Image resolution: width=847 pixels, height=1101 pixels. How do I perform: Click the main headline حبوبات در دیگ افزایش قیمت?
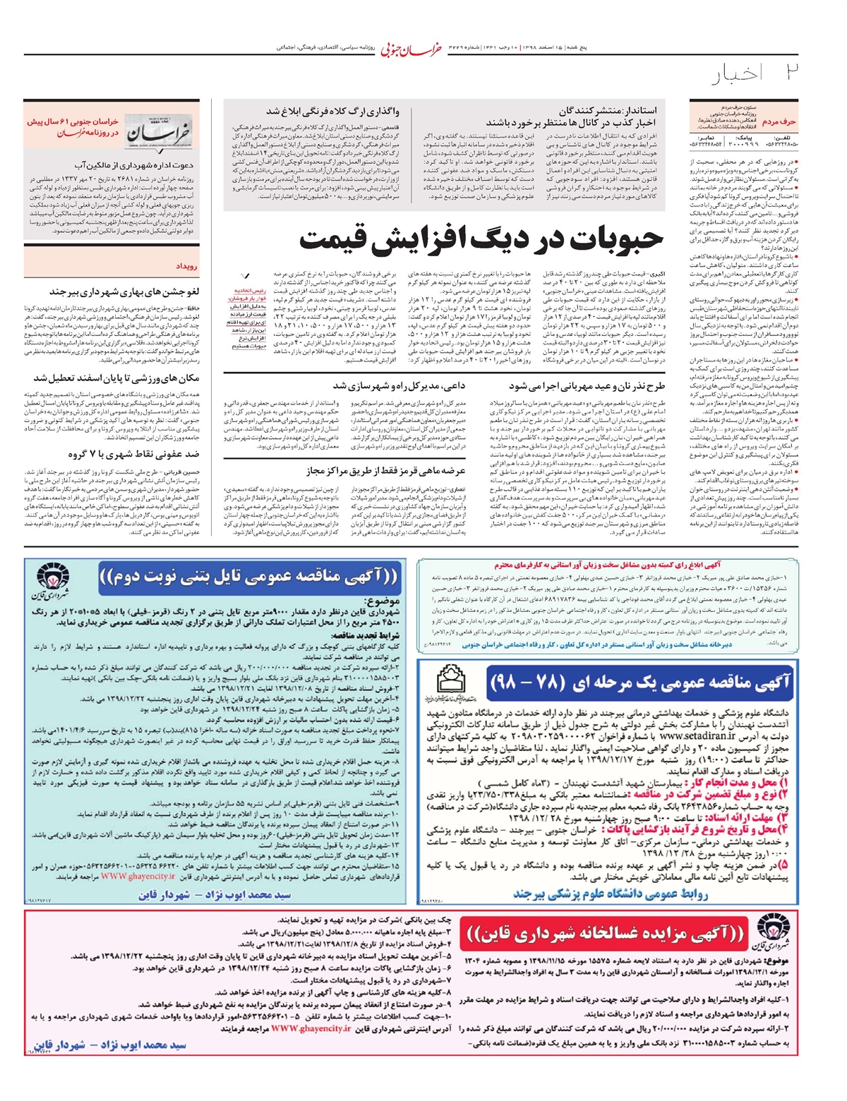click(x=482, y=240)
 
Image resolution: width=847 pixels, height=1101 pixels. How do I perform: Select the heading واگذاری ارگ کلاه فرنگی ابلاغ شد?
click(x=332, y=111)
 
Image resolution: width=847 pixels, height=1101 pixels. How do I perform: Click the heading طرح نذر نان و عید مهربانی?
click(x=587, y=386)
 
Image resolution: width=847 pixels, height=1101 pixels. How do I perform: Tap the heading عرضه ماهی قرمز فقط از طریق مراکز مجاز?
click(x=386, y=470)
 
